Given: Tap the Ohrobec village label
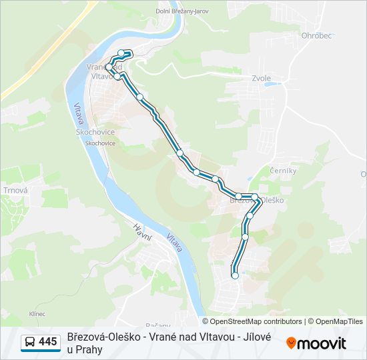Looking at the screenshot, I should point(316,36).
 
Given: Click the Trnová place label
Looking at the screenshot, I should point(15,190).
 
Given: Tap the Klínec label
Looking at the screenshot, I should point(37,313).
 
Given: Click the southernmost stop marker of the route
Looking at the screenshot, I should point(235,275).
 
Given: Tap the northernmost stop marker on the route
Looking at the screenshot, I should point(121,53).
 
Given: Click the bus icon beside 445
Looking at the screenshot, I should point(29,342).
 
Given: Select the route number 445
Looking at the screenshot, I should point(47,342).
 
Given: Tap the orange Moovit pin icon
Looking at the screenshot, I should point(291,343).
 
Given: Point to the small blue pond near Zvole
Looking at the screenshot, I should point(268,85).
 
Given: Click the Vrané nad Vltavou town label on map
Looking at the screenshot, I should point(103,71).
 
